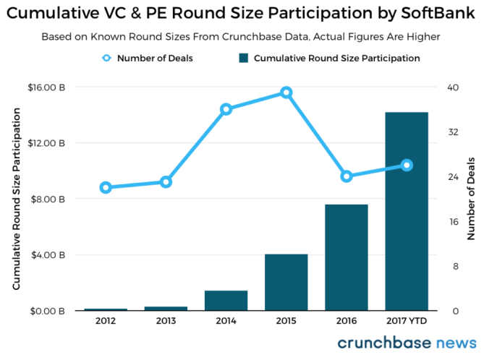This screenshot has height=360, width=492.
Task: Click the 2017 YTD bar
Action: pyautogui.click(x=407, y=211)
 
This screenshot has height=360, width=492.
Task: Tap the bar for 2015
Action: pyautogui.click(x=287, y=282)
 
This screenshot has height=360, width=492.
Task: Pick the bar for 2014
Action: pyautogui.click(x=226, y=300)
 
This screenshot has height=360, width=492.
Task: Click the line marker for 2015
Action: pyautogui.click(x=287, y=93)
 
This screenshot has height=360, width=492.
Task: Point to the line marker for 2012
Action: pyautogui.click(x=106, y=187)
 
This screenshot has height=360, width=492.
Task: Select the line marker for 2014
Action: pyautogui.click(x=226, y=109)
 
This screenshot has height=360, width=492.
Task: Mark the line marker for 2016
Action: pyautogui.click(x=347, y=176)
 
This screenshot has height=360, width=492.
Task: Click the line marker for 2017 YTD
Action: pyautogui.click(x=407, y=165)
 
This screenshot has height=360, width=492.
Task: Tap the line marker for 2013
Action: pyautogui.click(x=166, y=181)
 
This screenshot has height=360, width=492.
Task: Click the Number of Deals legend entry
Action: pyautogui.click(x=148, y=58)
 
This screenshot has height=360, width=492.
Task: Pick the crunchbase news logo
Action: pyautogui.click(x=407, y=343)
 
